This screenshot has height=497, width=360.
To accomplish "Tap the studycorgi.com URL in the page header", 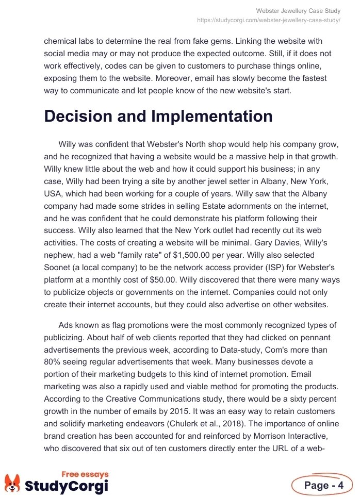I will click(269, 20).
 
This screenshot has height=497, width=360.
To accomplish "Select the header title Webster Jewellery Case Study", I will click(298, 11).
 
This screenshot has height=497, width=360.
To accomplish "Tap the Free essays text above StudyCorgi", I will click(85, 474).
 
